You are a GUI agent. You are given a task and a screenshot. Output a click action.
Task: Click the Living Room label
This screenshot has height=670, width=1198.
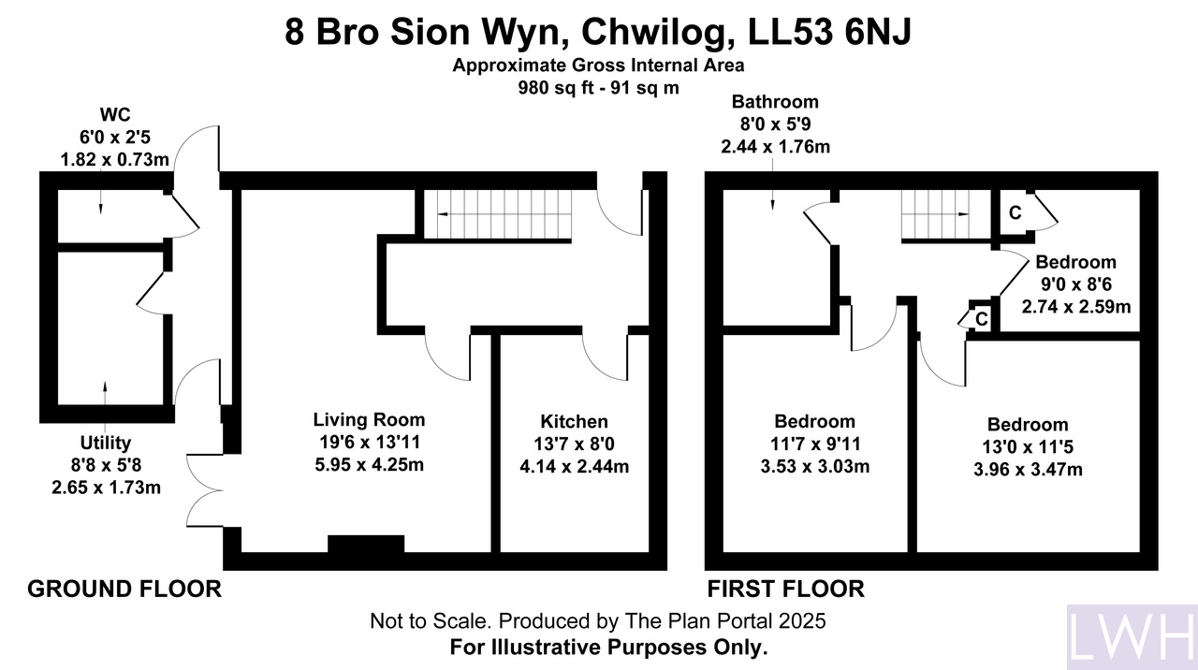pos(369,420)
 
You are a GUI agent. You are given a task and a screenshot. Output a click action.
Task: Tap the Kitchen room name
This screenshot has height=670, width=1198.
pos(574,422)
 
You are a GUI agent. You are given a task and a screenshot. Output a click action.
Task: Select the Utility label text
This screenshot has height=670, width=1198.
pos(106,443)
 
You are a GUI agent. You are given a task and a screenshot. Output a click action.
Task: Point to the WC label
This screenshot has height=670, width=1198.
pos(115,114)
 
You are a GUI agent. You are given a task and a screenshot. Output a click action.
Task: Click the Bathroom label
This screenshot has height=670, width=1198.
pos(775,101)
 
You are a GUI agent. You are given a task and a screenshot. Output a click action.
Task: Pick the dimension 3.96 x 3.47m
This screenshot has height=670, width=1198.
pos(1028,470)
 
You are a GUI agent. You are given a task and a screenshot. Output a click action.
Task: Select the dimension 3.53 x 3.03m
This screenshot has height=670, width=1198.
pos(815,466)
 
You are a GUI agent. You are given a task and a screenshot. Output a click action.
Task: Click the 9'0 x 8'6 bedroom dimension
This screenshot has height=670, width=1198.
pos(1075,284)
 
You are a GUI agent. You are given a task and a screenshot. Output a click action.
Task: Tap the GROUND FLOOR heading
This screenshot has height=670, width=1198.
pos(124,589)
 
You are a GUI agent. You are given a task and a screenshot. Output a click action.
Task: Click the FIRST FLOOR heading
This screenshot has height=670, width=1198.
pos(785,589)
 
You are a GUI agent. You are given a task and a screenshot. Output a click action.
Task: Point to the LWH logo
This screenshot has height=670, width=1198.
pos(1132,637)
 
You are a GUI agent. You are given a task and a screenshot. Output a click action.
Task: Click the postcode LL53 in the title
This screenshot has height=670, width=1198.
pos(790,32)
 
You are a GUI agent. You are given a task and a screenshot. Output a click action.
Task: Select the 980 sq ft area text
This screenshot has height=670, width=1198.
pos(556,88)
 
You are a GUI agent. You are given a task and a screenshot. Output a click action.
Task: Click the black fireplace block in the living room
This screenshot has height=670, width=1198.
pos(366,544)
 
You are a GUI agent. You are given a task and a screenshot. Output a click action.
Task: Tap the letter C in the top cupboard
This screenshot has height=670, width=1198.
pos(1015,212)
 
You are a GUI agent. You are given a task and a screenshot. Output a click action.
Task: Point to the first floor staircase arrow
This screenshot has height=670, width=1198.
pos(935,214)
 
